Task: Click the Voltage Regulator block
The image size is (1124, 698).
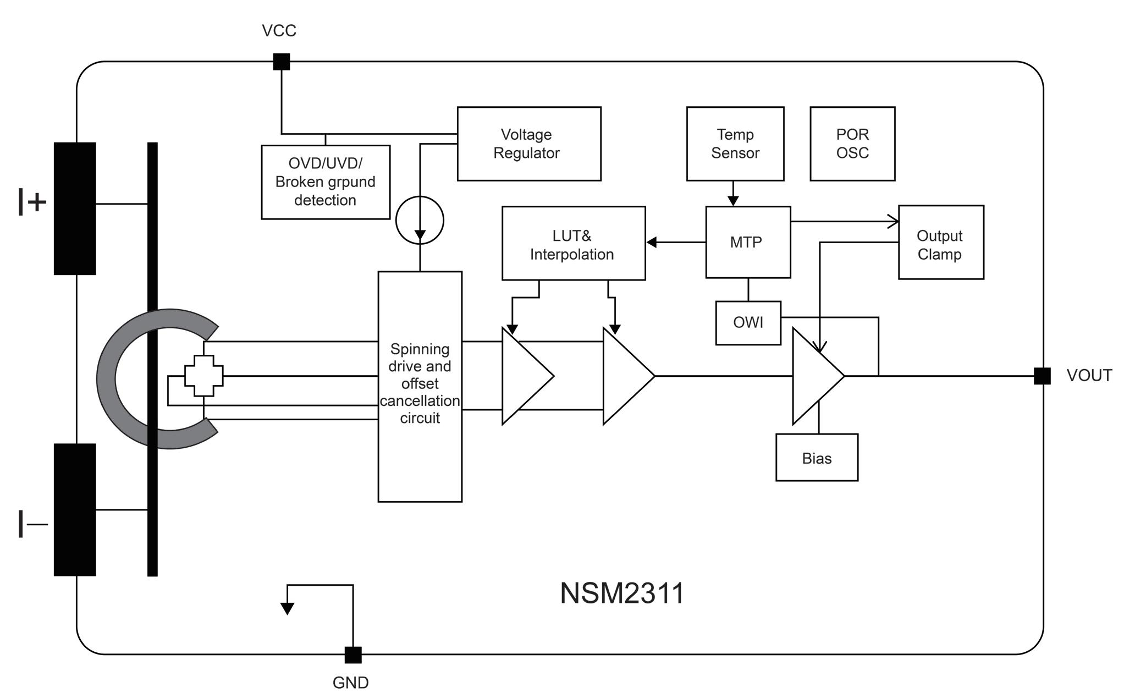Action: pyautogui.click(x=529, y=144)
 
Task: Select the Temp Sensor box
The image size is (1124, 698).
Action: pyautogui.click(x=735, y=144)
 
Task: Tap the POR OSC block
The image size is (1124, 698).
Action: pyautogui.click(x=852, y=144)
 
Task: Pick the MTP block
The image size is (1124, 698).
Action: pyautogui.click(x=748, y=242)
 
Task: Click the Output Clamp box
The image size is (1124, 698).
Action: pyautogui.click(x=941, y=242)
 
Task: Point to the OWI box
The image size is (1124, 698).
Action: pyautogui.click(x=748, y=323)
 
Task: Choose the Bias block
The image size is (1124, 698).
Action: pyautogui.click(x=817, y=458)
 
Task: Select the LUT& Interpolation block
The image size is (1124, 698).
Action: pyautogui.click(x=574, y=243)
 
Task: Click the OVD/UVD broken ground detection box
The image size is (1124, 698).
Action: pyautogui.click(x=326, y=182)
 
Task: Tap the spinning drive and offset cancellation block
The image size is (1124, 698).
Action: pyautogui.click(x=420, y=386)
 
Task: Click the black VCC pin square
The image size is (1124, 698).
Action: pyautogui.click(x=282, y=62)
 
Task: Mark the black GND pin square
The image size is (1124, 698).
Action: pyautogui.click(x=353, y=655)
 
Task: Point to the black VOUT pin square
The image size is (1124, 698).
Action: pyautogui.click(x=1042, y=376)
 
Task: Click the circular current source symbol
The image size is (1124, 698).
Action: pyautogui.click(x=420, y=220)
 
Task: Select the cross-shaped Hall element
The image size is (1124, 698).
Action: pyautogui.click(x=204, y=376)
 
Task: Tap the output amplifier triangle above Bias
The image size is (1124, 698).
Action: pyautogui.click(x=818, y=376)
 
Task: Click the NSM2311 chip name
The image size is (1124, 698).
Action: pyautogui.click(x=622, y=593)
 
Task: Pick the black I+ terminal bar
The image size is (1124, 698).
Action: pyautogui.click(x=75, y=208)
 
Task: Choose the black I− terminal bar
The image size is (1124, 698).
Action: pyautogui.click(x=75, y=510)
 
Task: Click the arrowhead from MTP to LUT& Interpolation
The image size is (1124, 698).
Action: pyautogui.click(x=652, y=242)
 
